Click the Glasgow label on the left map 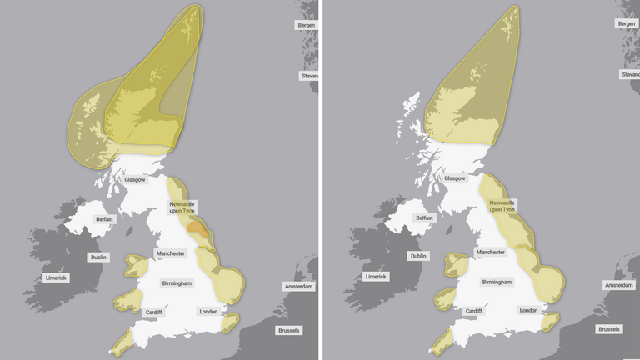pos(135,179)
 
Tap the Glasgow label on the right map pos(455,178)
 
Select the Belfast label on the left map pos(103,219)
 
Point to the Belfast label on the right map pos(424,217)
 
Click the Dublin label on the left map pos(99,257)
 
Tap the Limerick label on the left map pos(56,277)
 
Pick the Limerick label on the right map pos(376,276)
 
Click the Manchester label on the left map pos(170,252)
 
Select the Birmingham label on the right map pos(497,282)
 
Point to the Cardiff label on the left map pos(153,312)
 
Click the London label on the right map pos(528,310)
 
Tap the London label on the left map pos(208,312)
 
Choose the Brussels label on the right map pos(609,329)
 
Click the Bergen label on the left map pos(307,25)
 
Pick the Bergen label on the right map pos(627,24)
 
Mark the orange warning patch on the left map pos(197,227)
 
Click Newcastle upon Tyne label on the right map pos(502,207)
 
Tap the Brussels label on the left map pos(289,330)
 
